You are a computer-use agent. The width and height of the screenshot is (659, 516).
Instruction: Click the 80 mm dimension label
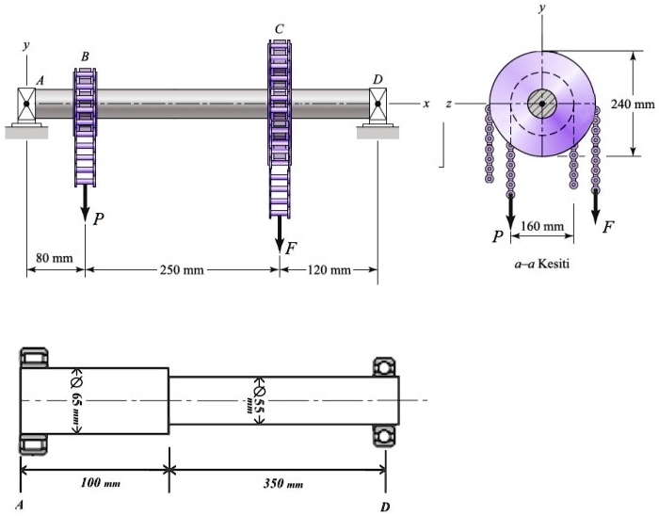pos(54,257)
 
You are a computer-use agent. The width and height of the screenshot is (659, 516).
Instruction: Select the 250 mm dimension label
pos(182,270)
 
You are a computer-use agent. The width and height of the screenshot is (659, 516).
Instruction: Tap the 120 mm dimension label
pos(329,270)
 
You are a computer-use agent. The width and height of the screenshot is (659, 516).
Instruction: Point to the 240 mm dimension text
pos(632,104)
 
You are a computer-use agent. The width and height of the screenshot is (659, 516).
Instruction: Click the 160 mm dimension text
pos(541,226)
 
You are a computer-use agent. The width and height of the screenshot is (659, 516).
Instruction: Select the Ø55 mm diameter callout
pos(257,399)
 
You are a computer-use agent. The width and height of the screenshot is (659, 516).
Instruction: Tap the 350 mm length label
pos(283,483)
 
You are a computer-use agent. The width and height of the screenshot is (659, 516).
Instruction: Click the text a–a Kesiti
pos(541,264)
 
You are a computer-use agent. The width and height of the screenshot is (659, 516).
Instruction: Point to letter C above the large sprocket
pos(279,29)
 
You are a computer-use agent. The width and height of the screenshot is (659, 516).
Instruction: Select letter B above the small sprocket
pos(85,56)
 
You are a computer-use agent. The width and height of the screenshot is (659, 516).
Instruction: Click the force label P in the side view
pos(98,218)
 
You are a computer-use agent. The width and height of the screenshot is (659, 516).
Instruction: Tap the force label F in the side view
pos(291,248)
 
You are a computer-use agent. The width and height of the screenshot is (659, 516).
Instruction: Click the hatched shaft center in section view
pos(542,104)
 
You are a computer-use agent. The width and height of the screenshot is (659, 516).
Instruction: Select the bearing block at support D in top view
pos(378,105)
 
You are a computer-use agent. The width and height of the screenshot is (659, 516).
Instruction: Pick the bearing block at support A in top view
pos(26,105)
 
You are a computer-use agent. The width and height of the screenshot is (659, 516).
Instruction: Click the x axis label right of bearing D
pos(426,104)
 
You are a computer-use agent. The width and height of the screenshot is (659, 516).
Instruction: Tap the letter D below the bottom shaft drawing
pos(385,506)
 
